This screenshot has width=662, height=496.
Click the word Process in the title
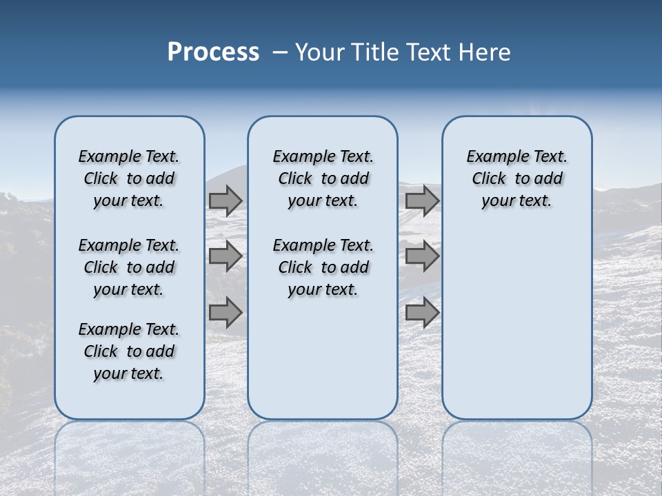[x=213, y=52]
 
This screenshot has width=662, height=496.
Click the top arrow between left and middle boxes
[x=225, y=200]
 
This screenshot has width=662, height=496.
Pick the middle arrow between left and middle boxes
[x=225, y=256]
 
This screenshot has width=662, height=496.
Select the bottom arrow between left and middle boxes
[x=225, y=313]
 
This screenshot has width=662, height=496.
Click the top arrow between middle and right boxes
[x=422, y=200]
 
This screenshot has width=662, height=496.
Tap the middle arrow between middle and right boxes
[x=422, y=256]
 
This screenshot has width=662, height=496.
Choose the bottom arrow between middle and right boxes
[x=422, y=313]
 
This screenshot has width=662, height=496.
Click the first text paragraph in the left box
[x=129, y=178]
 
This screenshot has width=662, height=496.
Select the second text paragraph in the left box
[x=129, y=267]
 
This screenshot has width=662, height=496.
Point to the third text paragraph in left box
[x=129, y=351]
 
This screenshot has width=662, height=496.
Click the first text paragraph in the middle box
[x=323, y=178]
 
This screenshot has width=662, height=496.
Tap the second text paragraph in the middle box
[x=323, y=267]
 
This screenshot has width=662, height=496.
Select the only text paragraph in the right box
[x=516, y=178]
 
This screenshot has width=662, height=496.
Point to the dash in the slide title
[x=280, y=52]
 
